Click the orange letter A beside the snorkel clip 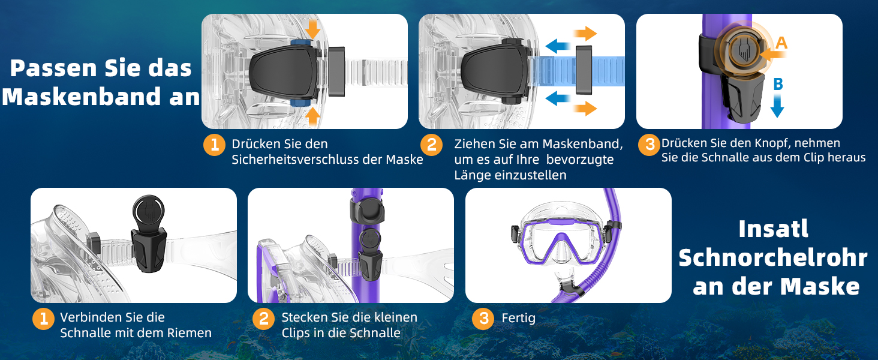781,43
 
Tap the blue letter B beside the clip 778,84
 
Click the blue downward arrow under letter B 777,106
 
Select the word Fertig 518,317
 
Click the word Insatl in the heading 773,229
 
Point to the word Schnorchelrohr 773,257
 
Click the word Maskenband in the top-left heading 82,97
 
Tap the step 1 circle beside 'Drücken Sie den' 214,145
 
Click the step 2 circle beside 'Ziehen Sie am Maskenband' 431,145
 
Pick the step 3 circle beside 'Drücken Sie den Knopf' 649,145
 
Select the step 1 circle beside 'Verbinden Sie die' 43,319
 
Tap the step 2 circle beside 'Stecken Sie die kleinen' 263,319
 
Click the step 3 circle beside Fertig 484,319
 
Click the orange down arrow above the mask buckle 312,29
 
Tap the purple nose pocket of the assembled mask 561,251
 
